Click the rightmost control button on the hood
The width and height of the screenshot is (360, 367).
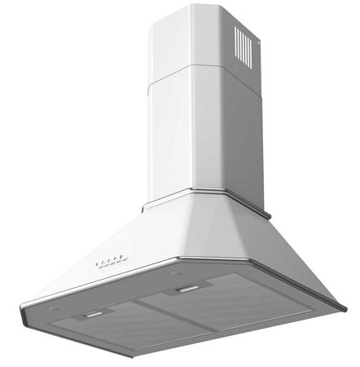[x=121, y=259]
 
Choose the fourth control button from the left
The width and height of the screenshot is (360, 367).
[x=115, y=260]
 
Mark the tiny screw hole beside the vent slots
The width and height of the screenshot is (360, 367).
[x=257, y=35]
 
